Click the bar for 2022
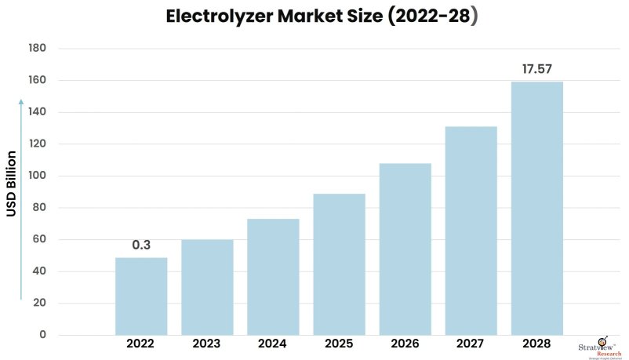tap(141, 296)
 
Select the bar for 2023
tap(207, 287)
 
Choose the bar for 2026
tap(405, 249)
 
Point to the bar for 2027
tap(471, 231)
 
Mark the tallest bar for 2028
tap(537, 209)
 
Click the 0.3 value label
tap(141, 245)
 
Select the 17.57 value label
tap(537, 70)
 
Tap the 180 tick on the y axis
tap(38, 49)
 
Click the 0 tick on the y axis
tap(43, 336)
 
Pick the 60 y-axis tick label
tap(40, 240)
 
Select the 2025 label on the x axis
tap(339, 344)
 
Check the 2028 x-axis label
tap(537, 344)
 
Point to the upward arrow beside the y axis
tap(22, 199)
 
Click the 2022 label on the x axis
tap(141, 344)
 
